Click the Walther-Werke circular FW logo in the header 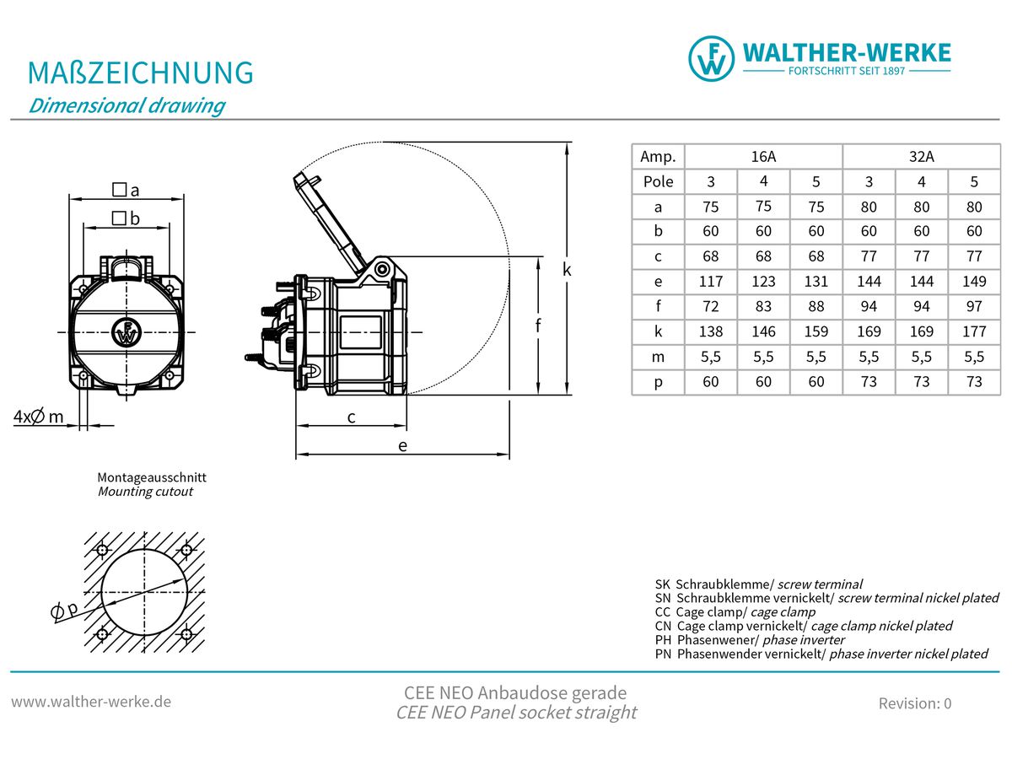712,58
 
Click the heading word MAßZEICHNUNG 141,73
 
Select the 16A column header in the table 763,157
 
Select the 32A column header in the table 921,157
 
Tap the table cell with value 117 710,281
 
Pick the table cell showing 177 974,331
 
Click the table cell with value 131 816,281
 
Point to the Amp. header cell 658,157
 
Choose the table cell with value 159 816,331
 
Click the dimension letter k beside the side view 567,269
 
